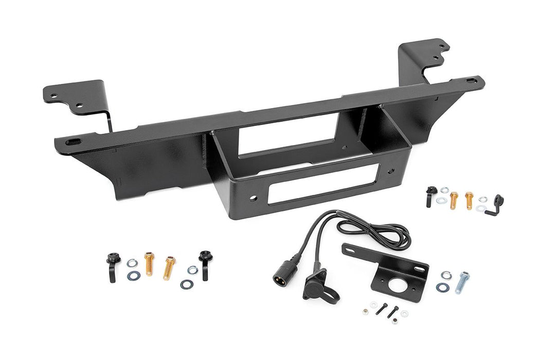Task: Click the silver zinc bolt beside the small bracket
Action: (462, 282)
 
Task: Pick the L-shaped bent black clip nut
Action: (496, 205)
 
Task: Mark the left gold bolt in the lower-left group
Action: (149, 263)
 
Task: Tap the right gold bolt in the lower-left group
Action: (169, 267)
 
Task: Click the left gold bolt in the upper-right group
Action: (454, 199)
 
